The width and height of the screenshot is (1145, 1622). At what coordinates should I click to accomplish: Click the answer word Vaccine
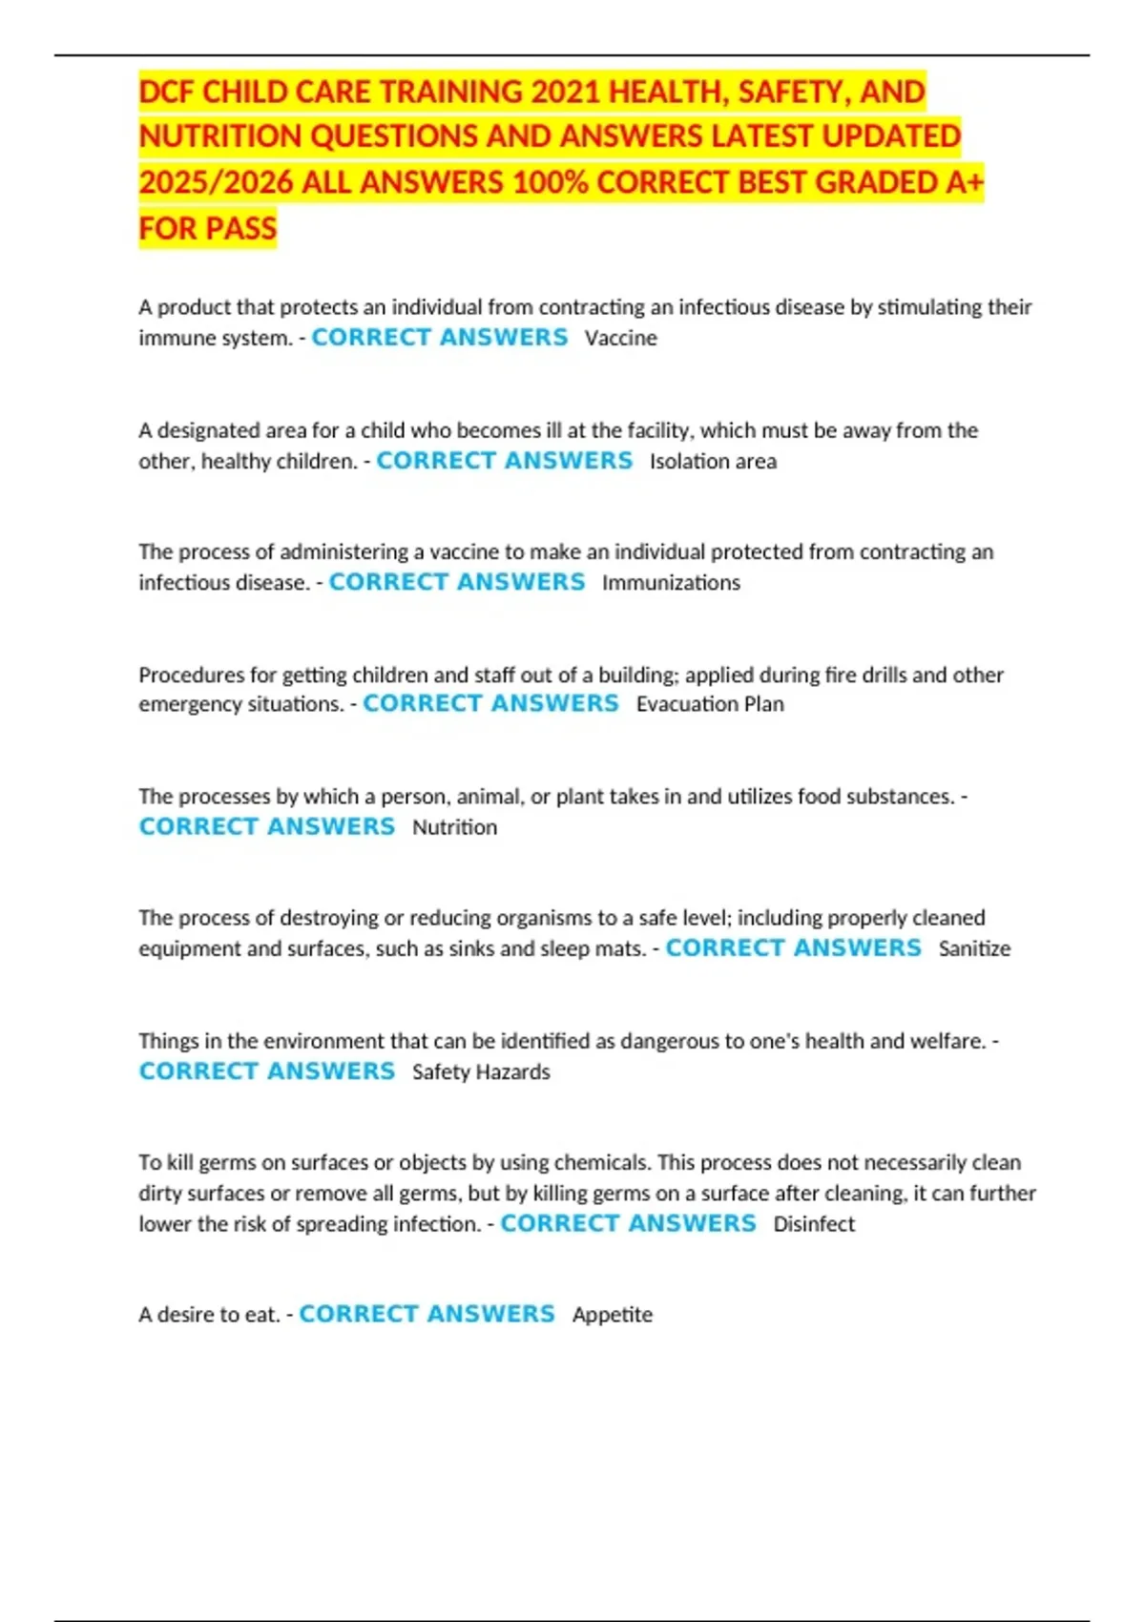[x=620, y=338]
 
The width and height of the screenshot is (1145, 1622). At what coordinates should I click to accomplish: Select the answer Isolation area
[x=713, y=461]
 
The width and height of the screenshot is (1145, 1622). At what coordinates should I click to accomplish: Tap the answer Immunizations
[x=671, y=582]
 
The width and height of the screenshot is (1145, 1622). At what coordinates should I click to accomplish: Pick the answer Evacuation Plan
[x=710, y=704]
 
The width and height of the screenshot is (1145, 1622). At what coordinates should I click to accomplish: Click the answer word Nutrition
[x=454, y=827]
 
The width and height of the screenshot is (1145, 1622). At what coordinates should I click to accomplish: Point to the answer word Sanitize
[x=974, y=948]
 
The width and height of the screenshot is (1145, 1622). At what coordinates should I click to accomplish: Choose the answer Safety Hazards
[x=481, y=1071]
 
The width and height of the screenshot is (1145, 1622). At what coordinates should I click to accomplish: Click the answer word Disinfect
[x=814, y=1224]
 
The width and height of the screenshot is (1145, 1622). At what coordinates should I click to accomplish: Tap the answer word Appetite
[x=613, y=1315]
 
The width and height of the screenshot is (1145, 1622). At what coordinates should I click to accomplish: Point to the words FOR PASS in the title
[x=207, y=229]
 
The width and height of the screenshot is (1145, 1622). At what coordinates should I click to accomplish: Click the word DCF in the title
[x=166, y=92]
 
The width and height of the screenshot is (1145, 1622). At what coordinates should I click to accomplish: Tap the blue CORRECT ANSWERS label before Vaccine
[x=439, y=338]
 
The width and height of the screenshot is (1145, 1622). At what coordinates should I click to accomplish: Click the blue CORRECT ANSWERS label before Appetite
[x=427, y=1314]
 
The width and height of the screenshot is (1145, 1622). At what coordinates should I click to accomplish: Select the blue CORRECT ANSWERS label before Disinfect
[x=628, y=1223]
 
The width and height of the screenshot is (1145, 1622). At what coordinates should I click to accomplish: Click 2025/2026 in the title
[x=216, y=182]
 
